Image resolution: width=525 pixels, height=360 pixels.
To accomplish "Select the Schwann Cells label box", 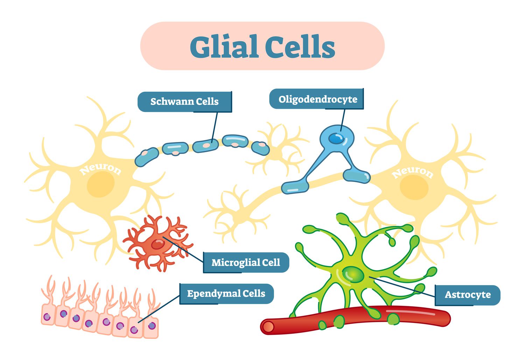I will pyautogui.click(x=184, y=101).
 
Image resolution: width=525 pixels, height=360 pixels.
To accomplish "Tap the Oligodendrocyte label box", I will pyautogui.click(x=317, y=99).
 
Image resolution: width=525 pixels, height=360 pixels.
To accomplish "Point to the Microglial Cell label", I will pyautogui.click(x=246, y=262).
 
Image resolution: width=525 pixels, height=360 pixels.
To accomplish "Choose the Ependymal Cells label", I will pyautogui.click(x=226, y=294).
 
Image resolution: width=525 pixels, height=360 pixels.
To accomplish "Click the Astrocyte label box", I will pyautogui.click(x=468, y=295).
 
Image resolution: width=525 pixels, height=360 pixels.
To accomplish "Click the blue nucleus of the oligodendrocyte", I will pyautogui.click(x=336, y=139).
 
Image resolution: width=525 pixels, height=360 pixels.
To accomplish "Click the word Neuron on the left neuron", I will pyautogui.click(x=100, y=169).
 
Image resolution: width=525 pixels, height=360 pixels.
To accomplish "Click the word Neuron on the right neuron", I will pyautogui.click(x=413, y=172).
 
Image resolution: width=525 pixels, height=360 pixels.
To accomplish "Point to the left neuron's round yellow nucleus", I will pyautogui.click(x=101, y=184).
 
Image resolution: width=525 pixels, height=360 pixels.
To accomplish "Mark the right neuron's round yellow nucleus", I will pyautogui.click(x=414, y=188).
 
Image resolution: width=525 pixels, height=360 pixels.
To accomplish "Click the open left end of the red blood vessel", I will pyautogui.click(x=268, y=327).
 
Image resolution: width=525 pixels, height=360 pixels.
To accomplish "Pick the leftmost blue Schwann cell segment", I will pyautogui.click(x=147, y=157).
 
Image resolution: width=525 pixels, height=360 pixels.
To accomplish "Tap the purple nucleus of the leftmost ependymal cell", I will pyautogui.click(x=47, y=317).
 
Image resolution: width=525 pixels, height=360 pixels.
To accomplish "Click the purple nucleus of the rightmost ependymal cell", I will pyautogui.click(x=152, y=326).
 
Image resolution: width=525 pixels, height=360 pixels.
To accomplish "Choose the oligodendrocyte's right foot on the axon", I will pyautogui.click(x=356, y=176).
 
